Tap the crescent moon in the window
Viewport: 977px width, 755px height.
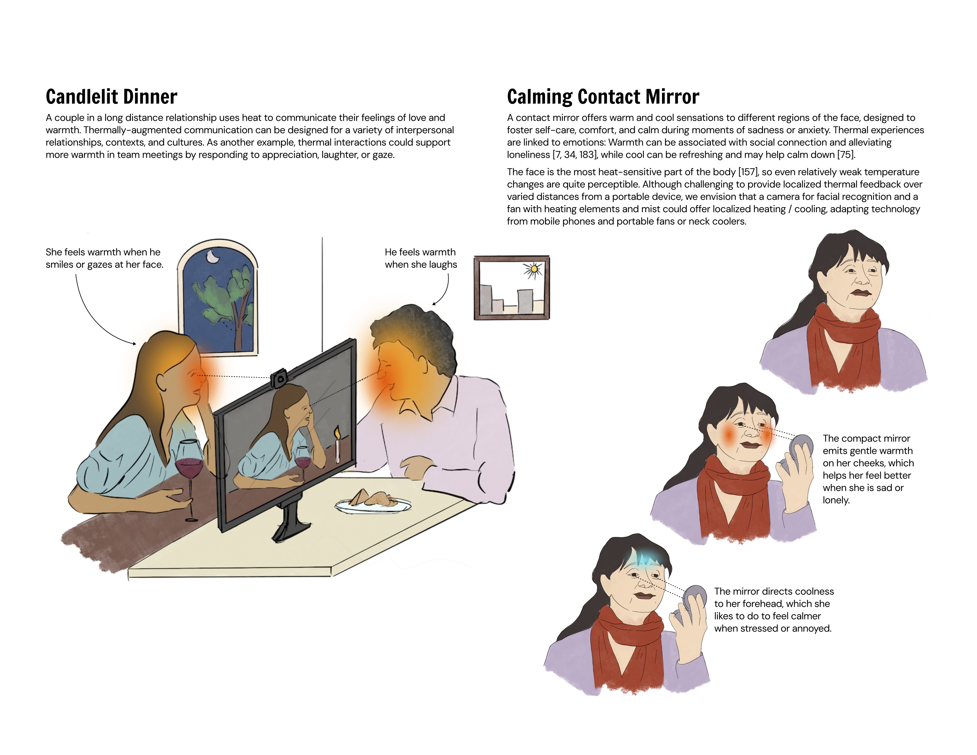212,257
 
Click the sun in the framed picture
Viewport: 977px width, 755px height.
533,269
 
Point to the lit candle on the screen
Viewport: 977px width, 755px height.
337,443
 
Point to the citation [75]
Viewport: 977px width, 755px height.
846,155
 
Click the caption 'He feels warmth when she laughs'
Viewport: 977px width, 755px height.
420,258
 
